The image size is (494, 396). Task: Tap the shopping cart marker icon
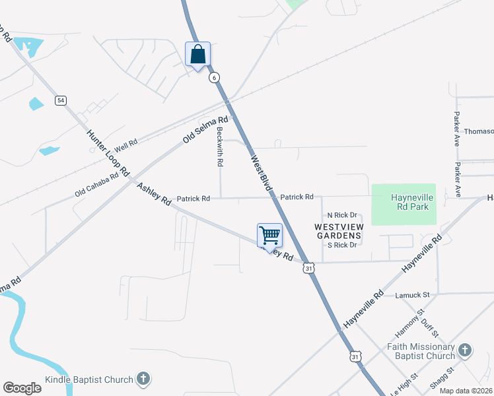coord(269,235)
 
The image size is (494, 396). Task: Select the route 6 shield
coord(214,77)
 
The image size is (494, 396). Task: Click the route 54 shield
coord(61,100)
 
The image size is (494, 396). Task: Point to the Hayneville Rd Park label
coord(409,202)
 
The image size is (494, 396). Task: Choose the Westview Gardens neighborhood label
coord(338,230)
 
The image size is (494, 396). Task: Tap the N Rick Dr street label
coord(342,215)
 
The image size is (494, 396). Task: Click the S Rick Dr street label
coord(342,245)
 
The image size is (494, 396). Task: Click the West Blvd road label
coord(262,173)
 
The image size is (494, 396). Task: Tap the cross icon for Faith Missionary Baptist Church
coord(464,349)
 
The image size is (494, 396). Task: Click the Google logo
coord(22,388)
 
